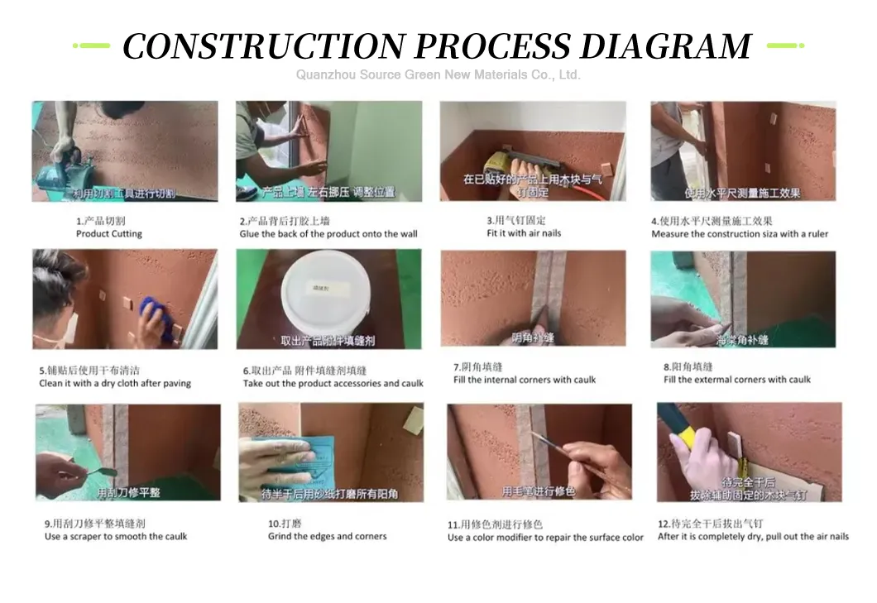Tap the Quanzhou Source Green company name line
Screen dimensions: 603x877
438,75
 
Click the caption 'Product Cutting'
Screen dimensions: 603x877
109,234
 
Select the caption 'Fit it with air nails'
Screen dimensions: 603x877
524,233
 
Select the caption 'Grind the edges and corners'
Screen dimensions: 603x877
328,536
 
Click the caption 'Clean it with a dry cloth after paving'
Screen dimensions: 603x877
115,384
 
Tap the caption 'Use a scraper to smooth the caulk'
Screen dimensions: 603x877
116,536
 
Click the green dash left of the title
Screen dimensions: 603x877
92,45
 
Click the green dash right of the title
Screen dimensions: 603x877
785,45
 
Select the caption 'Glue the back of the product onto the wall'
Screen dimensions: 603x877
328,234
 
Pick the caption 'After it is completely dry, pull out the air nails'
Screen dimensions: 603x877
753,536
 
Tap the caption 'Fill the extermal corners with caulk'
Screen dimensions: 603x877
737,380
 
